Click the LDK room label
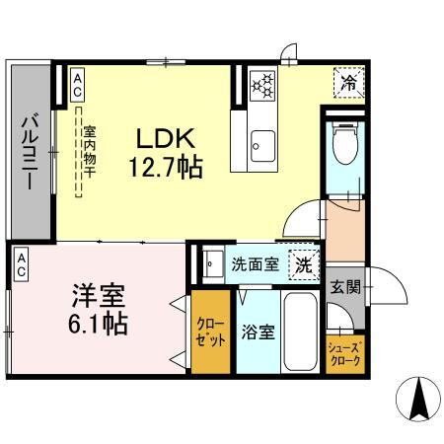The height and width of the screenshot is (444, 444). (164, 138)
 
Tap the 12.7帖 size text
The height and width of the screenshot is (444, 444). (164, 169)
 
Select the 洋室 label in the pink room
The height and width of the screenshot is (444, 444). (97, 295)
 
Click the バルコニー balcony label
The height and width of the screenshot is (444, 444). (30, 152)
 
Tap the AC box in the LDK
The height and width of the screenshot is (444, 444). (76, 85)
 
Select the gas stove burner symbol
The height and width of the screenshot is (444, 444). (263, 87)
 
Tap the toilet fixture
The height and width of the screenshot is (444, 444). (343, 147)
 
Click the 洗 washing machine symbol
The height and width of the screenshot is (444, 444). (304, 264)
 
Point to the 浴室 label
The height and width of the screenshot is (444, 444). (259, 332)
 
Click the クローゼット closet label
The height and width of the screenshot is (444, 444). (210, 331)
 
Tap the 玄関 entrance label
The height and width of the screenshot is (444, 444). (344, 287)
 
